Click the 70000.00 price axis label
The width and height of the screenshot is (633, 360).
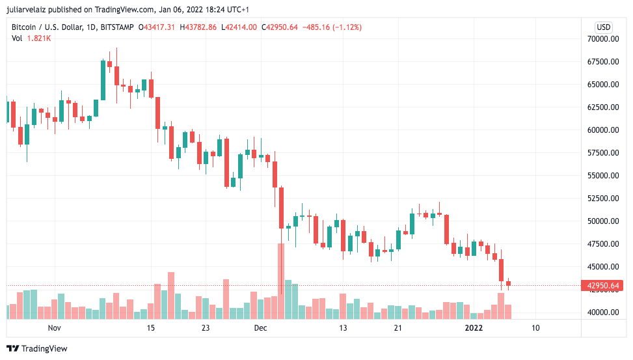click(603, 39)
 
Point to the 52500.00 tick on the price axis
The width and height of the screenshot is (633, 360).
click(603, 199)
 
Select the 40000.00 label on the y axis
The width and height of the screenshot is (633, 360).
click(603, 312)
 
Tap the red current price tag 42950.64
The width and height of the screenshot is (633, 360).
click(603, 286)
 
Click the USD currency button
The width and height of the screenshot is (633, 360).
click(604, 27)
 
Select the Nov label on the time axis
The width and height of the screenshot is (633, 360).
click(54, 328)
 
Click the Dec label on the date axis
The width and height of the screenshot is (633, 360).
click(260, 328)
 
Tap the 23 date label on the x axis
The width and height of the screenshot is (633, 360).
click(206, 328)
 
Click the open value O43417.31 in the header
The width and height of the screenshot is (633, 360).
click(160, 27)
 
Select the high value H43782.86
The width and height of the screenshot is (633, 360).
click(201, 27)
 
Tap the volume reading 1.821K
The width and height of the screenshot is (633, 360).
click(39, 38)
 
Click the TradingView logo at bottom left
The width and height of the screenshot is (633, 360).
click(37, 349)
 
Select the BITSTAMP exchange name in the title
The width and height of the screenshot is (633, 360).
click(118, 27)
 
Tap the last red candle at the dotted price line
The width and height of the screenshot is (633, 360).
click(509, 283)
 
